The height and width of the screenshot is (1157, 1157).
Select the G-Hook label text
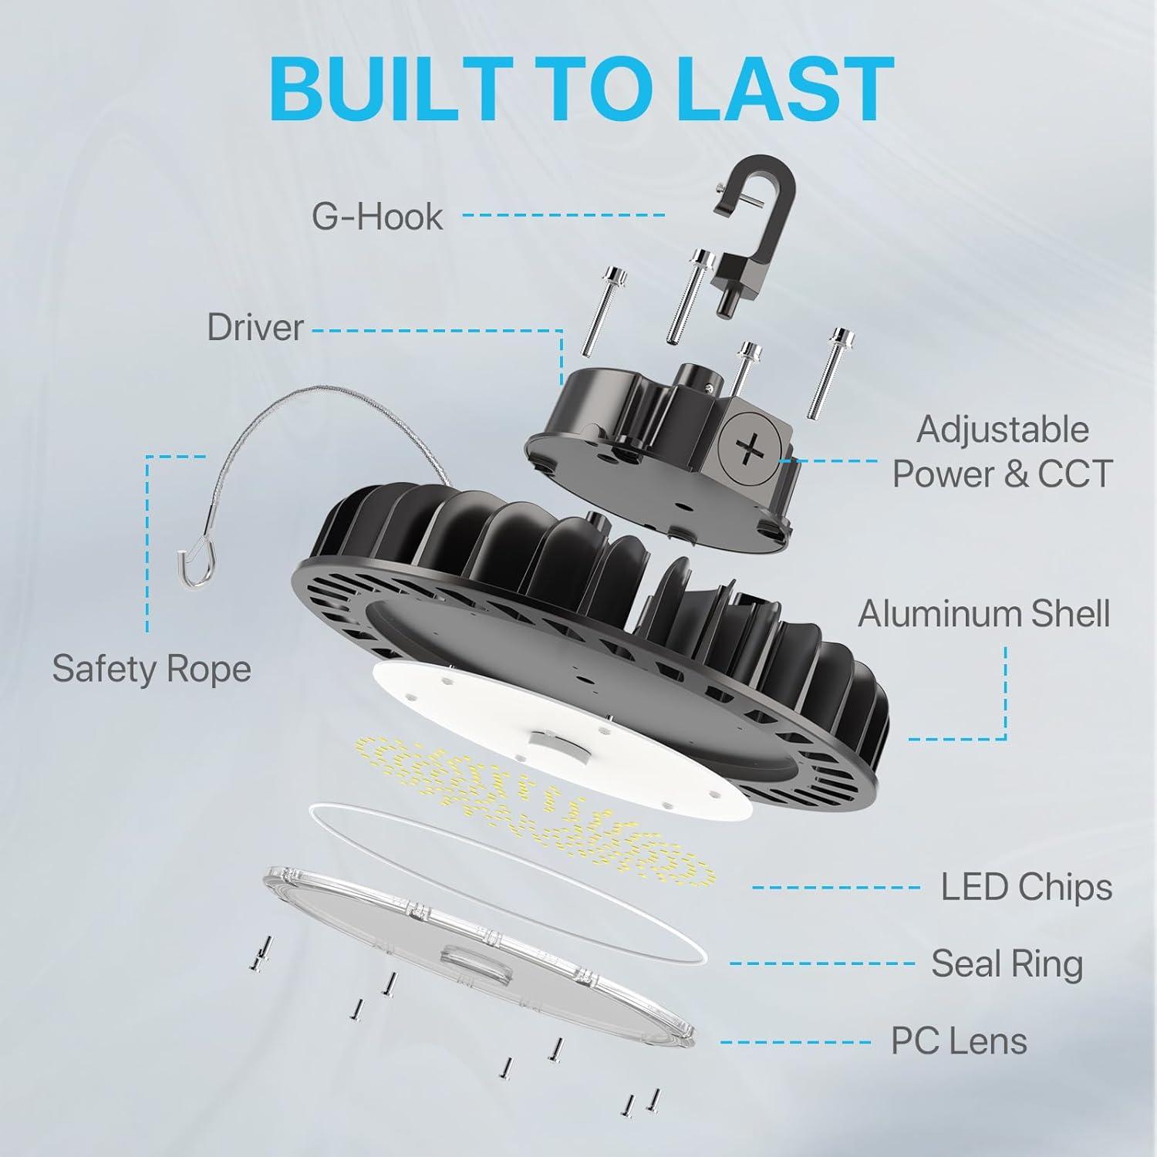(377, 217)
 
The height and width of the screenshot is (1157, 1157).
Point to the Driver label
(255, 328)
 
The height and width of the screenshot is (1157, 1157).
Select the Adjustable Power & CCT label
(1002, 452)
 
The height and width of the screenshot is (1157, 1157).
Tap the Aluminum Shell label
(983, 614)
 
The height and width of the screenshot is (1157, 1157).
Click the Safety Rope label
(151, 669)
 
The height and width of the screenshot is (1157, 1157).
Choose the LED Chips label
(1026, 887)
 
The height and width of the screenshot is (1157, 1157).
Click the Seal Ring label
(1007, 964)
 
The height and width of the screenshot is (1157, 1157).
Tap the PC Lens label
(959, 1041)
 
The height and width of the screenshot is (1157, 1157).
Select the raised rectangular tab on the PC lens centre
(475, 960)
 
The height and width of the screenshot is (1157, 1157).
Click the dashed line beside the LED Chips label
(836, 888)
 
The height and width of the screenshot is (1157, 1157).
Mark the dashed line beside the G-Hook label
(563, 215)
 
